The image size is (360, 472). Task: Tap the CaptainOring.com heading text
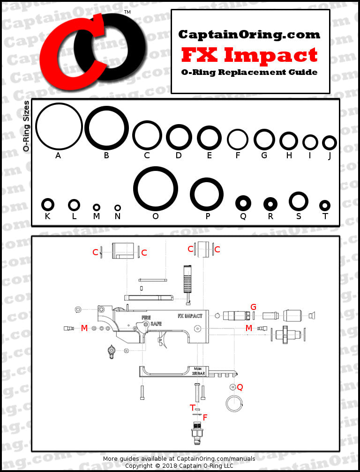point(249,34)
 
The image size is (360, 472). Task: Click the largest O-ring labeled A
point(59,126)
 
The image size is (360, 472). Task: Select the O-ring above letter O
point(156,189)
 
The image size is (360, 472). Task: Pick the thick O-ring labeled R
point(270,204)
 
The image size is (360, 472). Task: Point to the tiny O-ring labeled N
point(118,208)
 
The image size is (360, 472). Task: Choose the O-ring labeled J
point(329,143)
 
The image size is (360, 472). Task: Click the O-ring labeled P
point(207,194)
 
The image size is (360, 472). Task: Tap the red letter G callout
point(253,307)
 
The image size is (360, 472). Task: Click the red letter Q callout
point(240,387)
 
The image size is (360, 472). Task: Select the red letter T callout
point(192,408)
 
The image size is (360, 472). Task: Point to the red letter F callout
point(205,417)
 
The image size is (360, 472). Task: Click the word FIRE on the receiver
point(146,317)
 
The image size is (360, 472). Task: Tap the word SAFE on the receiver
point(156,324)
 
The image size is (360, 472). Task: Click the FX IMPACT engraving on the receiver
point(190,316)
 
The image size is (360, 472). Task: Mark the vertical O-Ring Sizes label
point(27,126)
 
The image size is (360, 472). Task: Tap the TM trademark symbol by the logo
point(127,12)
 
